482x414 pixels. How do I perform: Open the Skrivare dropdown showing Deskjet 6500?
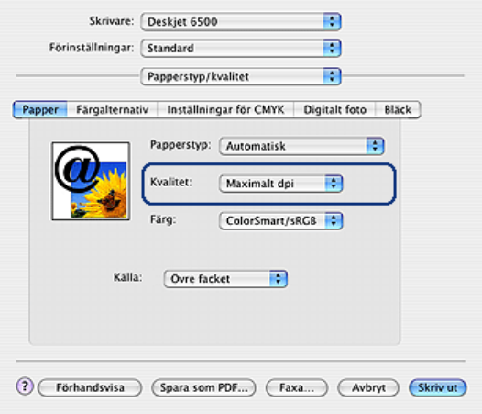[x=241, y=21]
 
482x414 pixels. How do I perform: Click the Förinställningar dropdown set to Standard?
[x=241, y=48]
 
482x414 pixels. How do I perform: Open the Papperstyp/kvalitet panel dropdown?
[x=241, y=76]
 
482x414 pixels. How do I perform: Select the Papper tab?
[x=40, y=109]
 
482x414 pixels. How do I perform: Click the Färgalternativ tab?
[x=112, y=109]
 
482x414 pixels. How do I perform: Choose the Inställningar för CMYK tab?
[x=225, y=109]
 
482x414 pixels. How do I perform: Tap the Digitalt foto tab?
[x=334, y=109]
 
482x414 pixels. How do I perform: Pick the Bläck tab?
[x=398, y=109]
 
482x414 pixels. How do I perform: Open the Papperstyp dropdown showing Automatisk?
[x=301, y=146]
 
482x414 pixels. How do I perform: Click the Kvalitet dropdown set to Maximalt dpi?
[x=280, y=184]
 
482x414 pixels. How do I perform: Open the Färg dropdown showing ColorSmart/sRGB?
[x=280, y=221]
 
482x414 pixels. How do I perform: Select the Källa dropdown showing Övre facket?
[x=225, y=279]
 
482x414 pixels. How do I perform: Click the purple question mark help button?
[x=25, y=386]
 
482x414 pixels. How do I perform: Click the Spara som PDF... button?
[x=203, y=387]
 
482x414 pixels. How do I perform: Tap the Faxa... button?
[x=297, y=387]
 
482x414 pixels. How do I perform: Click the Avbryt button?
[x=368, y=387]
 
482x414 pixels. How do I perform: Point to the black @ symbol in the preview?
[x=78, y=169]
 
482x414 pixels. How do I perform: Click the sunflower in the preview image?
[x=107, y=193]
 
